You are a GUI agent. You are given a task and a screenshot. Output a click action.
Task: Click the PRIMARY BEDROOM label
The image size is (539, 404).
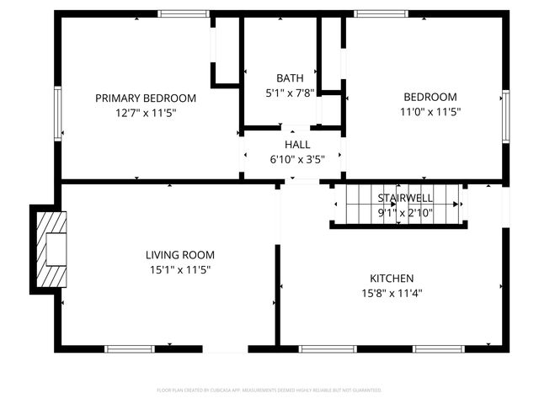coord(146,98)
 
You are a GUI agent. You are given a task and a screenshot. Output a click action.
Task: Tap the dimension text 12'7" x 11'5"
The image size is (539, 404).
coord(146,112)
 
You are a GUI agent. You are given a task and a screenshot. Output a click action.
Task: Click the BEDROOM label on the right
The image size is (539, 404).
coord(430,97)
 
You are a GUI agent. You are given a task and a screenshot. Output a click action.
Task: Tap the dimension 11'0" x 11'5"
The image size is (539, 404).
coord(430,111)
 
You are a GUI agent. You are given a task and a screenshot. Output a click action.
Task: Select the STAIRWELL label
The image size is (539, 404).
coord(405,198)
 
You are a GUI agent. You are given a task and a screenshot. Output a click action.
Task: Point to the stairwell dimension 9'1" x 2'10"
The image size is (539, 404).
coord(405,212)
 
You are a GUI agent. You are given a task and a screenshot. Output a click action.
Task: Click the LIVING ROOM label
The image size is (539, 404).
coord(180,255)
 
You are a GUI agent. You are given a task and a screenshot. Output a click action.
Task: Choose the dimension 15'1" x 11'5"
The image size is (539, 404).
coord(180,269)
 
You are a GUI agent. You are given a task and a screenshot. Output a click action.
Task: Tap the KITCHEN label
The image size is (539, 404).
coord(392,279)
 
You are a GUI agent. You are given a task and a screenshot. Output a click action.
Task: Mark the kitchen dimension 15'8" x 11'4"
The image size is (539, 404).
coord(392,293)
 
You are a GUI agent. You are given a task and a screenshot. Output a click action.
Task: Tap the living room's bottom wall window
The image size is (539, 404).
coord(130,348)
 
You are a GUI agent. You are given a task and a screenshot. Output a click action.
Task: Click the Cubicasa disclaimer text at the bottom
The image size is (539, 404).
coord(269,391)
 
